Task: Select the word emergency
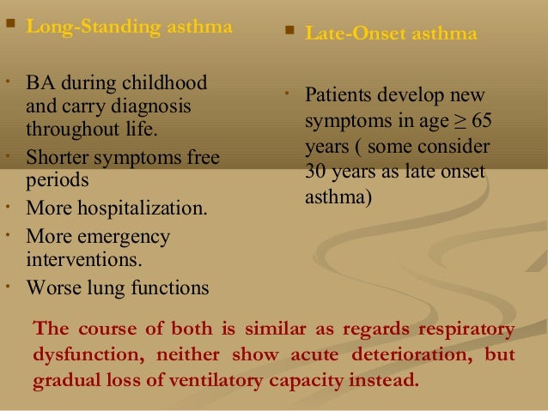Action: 122,236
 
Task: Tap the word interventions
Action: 84,258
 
